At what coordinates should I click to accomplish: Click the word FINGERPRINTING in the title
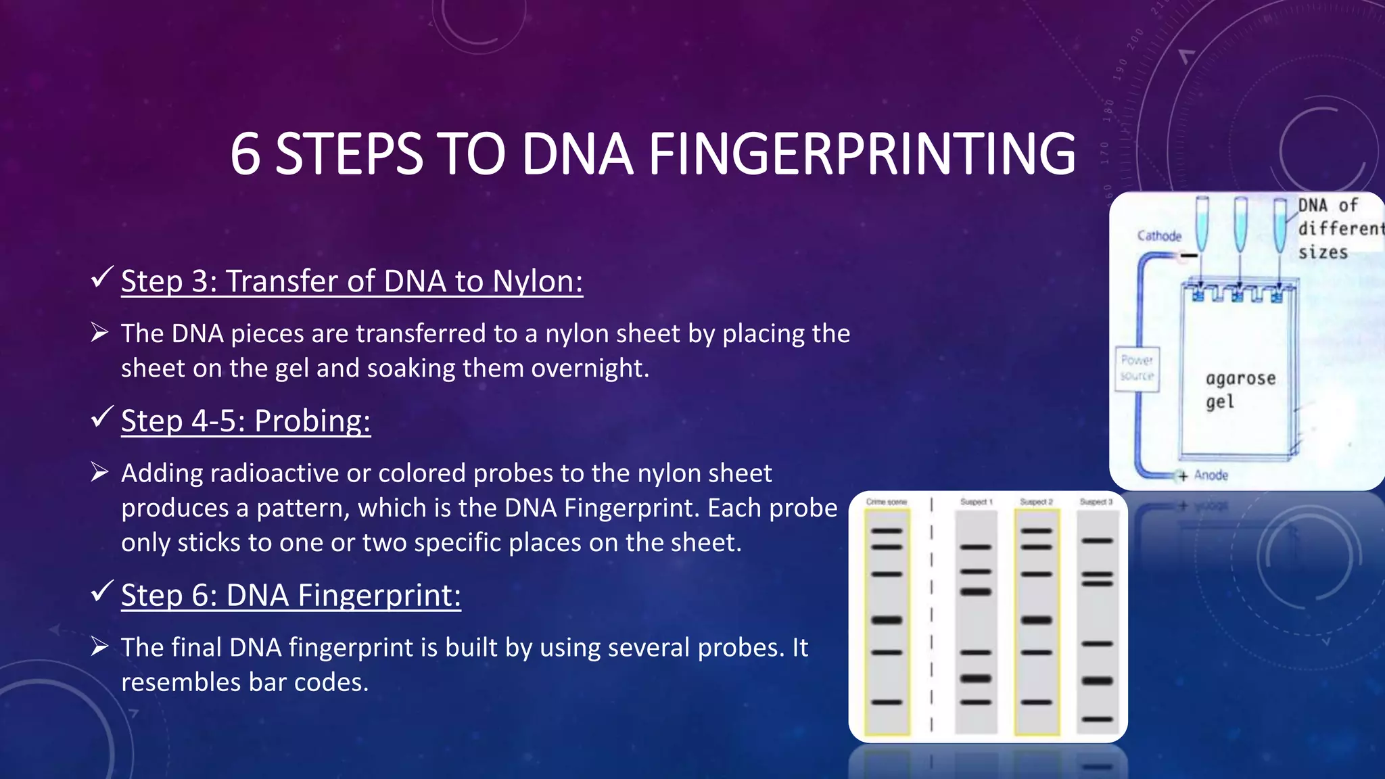tap(862, 154)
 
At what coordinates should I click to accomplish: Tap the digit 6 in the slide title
tap(245, 154)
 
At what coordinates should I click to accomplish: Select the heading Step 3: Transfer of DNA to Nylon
tap(352, 281)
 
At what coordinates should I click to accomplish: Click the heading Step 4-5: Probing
tap(245, 421)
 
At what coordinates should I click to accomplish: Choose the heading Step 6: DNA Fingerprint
tap(291, 595)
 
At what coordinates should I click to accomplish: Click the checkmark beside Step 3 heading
tap(101, 277)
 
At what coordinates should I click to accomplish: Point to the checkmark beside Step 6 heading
tap(101, 591)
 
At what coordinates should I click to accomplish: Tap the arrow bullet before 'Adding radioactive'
tap(100, 473)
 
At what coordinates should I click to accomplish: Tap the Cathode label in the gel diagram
tap(1159, 236)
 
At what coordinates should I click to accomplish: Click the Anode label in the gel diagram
tap(1211, 475)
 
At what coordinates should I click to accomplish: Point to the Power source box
tap(1137, 369)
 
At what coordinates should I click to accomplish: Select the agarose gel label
tap(1240, 389)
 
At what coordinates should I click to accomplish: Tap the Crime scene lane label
tap(886, 502)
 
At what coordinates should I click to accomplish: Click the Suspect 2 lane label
tap(1036, 502)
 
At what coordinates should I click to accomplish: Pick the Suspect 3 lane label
tap(1096, 502)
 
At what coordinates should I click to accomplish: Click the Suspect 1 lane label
tap(976, 502)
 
